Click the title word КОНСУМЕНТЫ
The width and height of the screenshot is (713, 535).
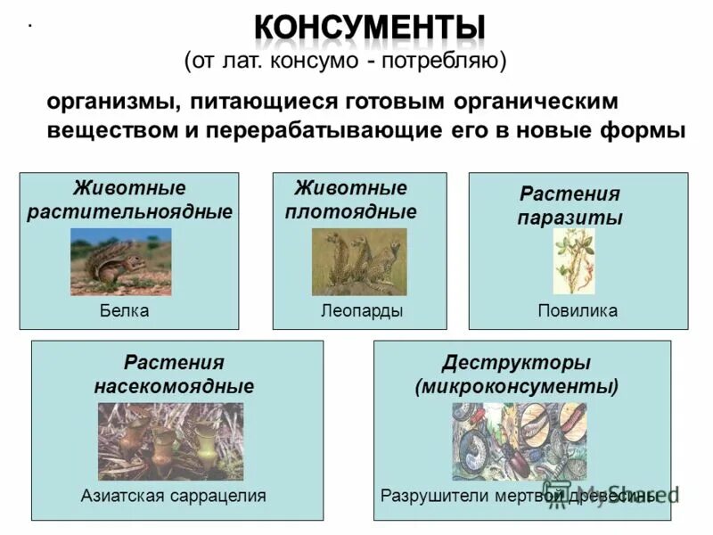click(x=370, y=29)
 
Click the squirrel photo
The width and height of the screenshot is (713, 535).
click(x=120, y=261)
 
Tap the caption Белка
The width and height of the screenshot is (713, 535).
click(x=124, y=310)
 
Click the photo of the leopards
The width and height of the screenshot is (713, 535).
click(x=358, y=261)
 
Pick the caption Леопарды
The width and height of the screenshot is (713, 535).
click(x=362, y=310)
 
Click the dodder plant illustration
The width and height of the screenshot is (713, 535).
click(x=573, y=261)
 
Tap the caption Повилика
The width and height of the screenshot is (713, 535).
click(x=578, y=310)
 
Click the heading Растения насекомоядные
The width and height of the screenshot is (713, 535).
click(x=174, y=374)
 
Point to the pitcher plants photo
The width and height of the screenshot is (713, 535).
click(x=170, y=441)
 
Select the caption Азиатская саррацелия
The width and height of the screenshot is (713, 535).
click(x=174, y=495)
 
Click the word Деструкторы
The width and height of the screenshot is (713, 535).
click(x=516, y=363)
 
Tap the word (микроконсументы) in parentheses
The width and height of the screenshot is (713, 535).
click(x=516, y=387)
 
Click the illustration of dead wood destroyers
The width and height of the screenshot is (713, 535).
click(x=519, y=441)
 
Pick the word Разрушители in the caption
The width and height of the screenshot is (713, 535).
click(x=429, y=495)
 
